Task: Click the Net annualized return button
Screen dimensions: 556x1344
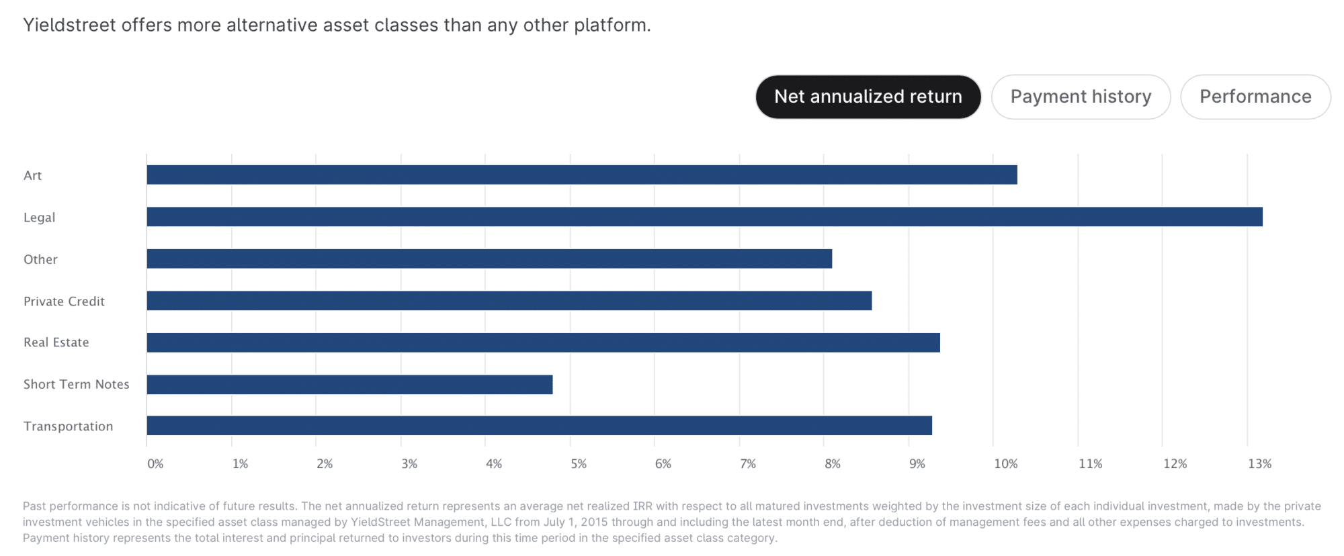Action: [x=868, y=97]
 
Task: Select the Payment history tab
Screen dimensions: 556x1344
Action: [x=1081, y=97]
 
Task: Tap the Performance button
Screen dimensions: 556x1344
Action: [x=1255, y=97]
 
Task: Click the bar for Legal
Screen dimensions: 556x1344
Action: [x=704, y=217]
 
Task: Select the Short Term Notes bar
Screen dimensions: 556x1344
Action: [x=349, y=385]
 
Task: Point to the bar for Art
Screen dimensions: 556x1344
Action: [x=581, y=175]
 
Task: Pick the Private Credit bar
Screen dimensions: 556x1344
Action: [x=509, y=301]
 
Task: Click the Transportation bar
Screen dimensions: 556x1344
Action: [x=539, y=426]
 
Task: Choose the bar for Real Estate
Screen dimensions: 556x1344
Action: [x=543, y=342]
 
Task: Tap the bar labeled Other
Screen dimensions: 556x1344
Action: [x=489, y=259]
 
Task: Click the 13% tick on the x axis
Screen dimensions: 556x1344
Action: [x=1259, y=464]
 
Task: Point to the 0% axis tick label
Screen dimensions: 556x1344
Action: [x=155, y=464]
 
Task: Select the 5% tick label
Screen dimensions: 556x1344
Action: [x=578, y=464]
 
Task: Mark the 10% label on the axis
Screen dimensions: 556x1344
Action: [x=1005, y=464]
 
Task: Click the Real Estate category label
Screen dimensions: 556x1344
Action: [x=56, y=342]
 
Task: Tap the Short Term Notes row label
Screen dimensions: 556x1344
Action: [x=76, y=384]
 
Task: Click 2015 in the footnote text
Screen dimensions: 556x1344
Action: [x=594, y=522]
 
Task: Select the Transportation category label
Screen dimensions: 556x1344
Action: [x=68, y=426]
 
